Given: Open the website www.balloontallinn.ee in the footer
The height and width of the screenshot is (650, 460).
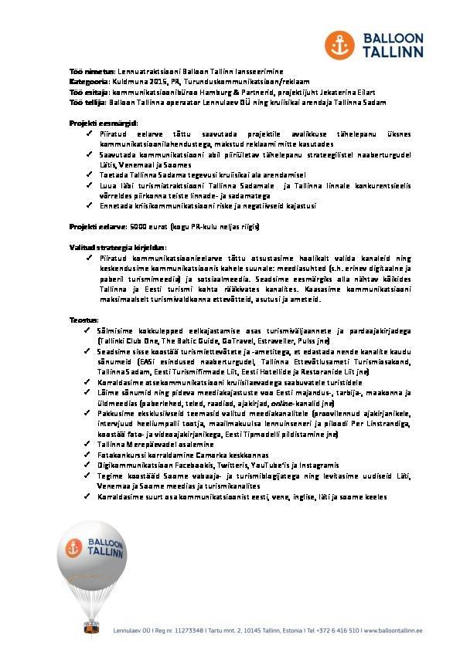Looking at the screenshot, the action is coord(392,631).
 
